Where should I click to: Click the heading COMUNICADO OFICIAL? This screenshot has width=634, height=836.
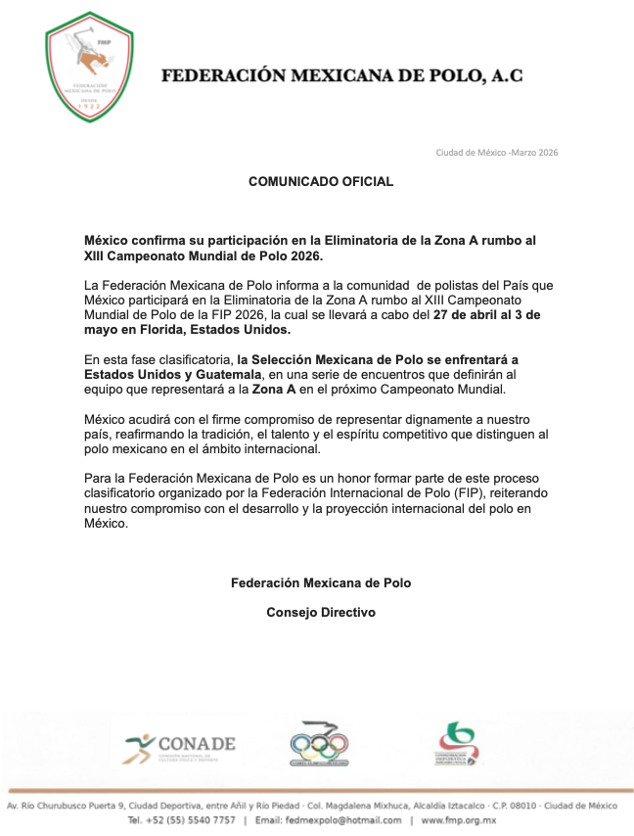[321, 181]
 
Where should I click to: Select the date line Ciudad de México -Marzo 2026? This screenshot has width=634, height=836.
[496, 152]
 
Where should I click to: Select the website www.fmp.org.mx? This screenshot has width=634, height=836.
[459, 819]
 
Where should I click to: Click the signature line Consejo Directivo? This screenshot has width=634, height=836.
[321, 613]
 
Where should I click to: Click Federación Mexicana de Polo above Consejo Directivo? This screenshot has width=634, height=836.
[321, 582]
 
